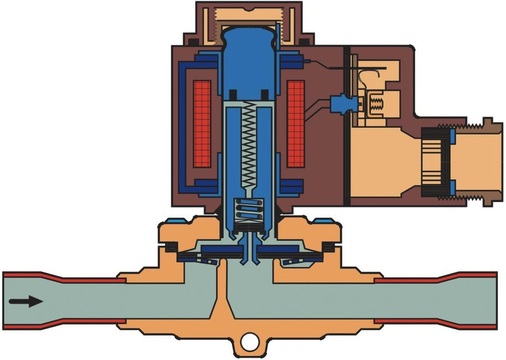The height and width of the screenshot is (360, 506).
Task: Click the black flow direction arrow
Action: [x=28, y=299]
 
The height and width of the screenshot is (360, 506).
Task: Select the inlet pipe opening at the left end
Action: [x=8, y=299]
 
